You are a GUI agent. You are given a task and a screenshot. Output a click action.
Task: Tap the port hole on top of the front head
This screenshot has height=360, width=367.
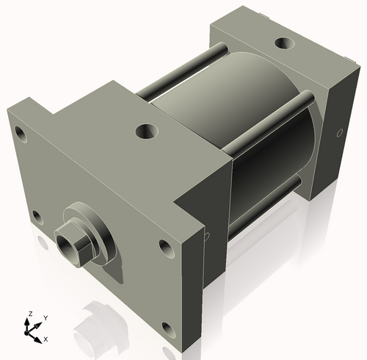pyautogui.click(x=147, y=132)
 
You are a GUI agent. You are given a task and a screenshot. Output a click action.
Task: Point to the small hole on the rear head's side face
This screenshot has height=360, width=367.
pyautogui.click(x=339, y=134)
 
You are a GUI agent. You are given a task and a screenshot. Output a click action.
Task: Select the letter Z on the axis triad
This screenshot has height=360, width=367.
pyautogui.click(x=30, y=314)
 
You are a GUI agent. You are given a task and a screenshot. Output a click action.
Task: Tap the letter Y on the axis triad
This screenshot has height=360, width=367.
pyautogui.click(x=45, y=317)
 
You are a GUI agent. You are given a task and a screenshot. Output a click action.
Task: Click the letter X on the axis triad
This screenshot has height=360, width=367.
pyautogui.click(x=46, y=339)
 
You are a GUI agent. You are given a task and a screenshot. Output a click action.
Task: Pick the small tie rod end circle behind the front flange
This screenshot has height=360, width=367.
pyautogui.click(x=207, y=236)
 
